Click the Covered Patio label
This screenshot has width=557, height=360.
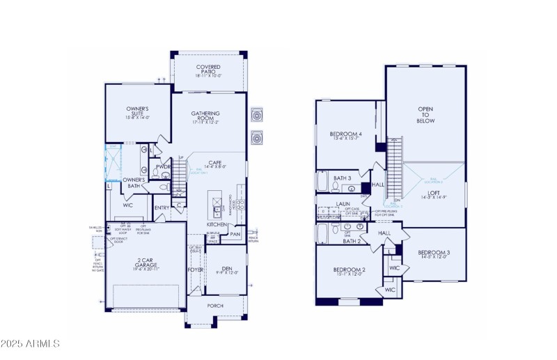(x=208, y=70)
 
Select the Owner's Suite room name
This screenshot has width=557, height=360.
(x=137, y=111)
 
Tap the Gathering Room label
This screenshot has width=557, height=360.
(x=206, y=116)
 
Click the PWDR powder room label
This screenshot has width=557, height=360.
(x=164, y=167)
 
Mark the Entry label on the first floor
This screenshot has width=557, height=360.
(x=162, y=208)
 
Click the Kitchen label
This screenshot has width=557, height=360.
(x=217, y=224)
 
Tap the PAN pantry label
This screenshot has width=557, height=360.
(x=235, y=235)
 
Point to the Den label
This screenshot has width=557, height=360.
(x=226, y=268)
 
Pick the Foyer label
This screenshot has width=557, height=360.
(x=195, y=269)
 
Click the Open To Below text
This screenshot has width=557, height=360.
(x=425, y=115)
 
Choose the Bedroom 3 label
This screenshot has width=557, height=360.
(x=434, y=253)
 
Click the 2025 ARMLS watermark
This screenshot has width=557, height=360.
(x=31, y=343)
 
